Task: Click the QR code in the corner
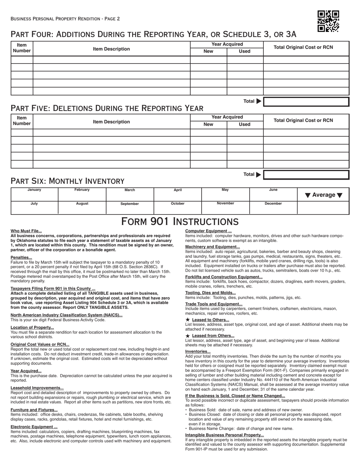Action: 328,21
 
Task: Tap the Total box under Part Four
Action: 306,102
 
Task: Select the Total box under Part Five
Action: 306,175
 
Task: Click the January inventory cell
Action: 34,194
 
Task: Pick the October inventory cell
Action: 177,208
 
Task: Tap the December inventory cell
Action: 273,208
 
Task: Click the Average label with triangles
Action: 323,195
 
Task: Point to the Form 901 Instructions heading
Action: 180,222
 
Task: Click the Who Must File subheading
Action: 26,231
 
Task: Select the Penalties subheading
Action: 21,257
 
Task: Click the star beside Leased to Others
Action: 188,320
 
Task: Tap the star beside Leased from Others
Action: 188,336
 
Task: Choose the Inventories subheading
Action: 198,351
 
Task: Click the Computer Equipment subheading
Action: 208,231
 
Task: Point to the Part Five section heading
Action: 107,108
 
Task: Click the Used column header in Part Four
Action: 245,52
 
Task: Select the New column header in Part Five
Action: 208,124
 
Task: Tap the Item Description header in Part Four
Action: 111,49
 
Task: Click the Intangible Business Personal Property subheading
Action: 224,435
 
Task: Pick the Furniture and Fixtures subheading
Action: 34,410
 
